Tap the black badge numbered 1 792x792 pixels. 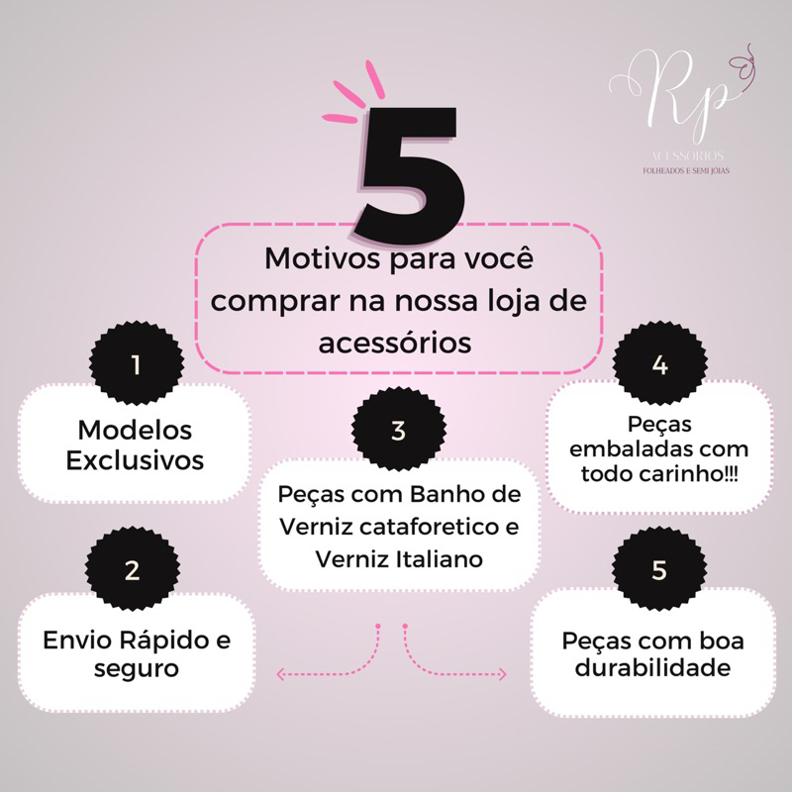pyautogui.click(x=136, y=364)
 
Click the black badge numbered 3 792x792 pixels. pyautogui.click(x=398, y=433)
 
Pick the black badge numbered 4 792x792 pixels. pyautogui.click(x=660, y=364)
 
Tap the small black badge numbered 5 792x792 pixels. pyautogui.click(x=660, y=571)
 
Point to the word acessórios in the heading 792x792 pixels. pyautogui.click(x=395, y=342)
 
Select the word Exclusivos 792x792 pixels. pyautogui.click(x=136, y=460)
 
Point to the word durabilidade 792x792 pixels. pyautogui.click(x=653, y=668)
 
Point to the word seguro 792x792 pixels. pyautogui.click(x=136, y=668)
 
